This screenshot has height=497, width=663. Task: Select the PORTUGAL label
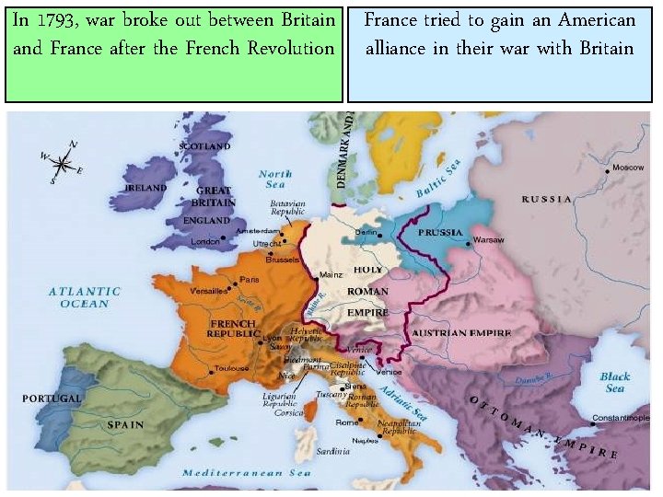[x=52, y=399]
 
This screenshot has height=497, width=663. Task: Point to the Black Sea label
[x=614, y=382]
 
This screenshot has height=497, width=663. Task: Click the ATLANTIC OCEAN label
[x=85, y=297]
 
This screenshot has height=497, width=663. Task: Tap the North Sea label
[x=274, y=179]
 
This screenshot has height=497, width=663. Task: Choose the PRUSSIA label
[x=440, y=232]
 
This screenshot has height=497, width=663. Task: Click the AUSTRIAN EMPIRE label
[x=461, y=332]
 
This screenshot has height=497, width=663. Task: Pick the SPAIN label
[x=125, y=425]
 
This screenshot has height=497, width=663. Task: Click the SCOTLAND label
[x=204, y=145]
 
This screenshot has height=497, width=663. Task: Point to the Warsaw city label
[x=488, y=240]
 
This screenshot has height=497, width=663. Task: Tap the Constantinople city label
[x=620, y=418]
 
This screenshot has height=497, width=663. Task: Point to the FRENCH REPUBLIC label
[x=233, y=329]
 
